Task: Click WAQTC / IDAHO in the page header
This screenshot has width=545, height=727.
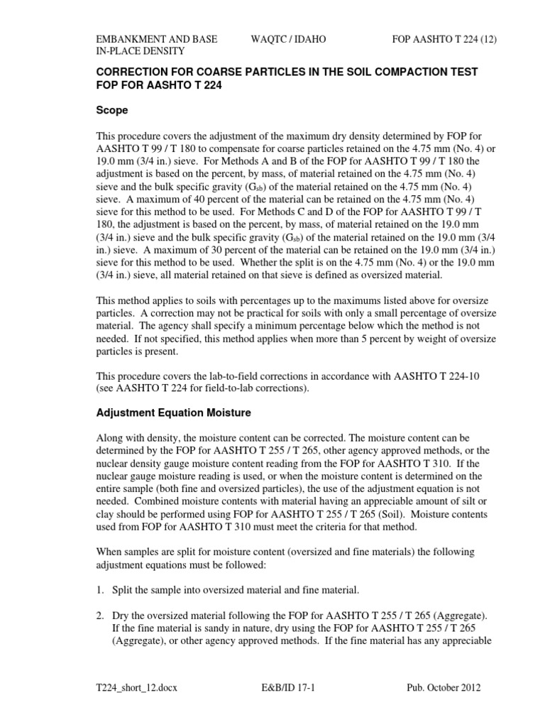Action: point(288,40)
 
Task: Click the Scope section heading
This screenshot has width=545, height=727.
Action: point(111,111)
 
